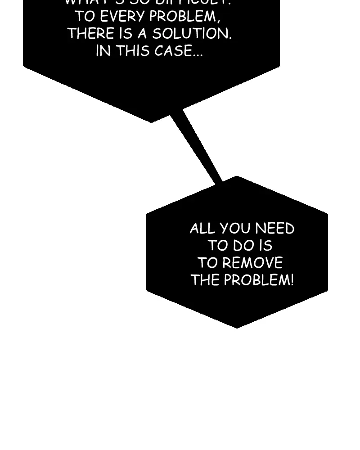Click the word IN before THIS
click(103, 51)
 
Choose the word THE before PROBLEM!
click(205, 280)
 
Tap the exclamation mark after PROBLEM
click(292, 280)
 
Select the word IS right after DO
click(265, 246)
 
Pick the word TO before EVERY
click(85, 17)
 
